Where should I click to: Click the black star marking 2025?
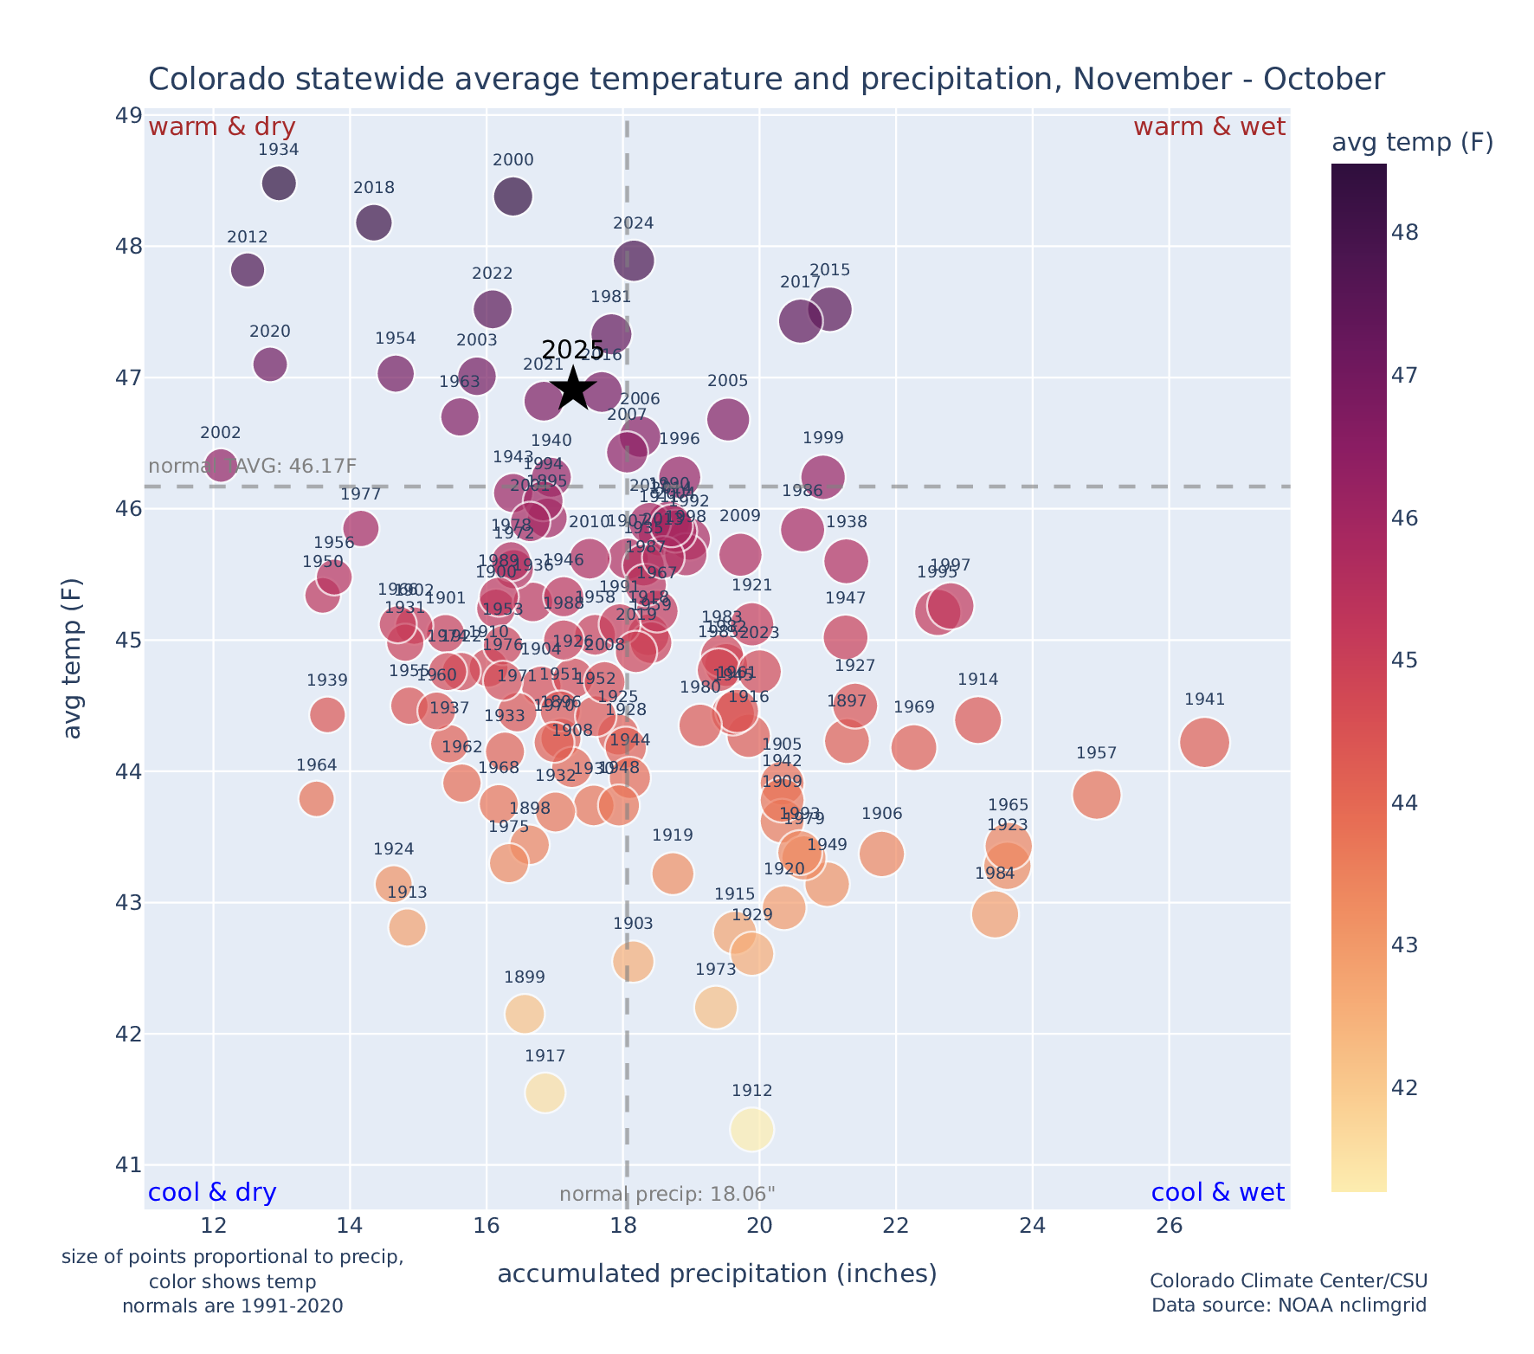[573, 390]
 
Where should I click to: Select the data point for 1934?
[279, 184]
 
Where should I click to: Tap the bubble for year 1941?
[1204, 742]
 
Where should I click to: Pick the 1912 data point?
[751, 1129]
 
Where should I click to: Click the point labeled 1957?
[1097, 795]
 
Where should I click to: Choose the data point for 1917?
[545, 1093]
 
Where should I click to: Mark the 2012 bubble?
[248, 270]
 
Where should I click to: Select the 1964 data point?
[317, 798]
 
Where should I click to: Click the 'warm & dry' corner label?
[222, 127]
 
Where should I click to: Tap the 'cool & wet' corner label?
[1217, 1193]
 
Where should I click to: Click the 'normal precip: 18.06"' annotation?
[667, 1195]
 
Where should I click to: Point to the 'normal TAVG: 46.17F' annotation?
[253, 467]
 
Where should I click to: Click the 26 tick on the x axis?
[1170, 1226]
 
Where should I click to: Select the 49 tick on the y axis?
[129, 115]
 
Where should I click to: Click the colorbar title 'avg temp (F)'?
[1412, 143]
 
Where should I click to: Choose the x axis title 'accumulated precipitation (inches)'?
[717, 1274]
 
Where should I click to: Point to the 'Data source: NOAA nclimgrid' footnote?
[1288, 1306]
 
